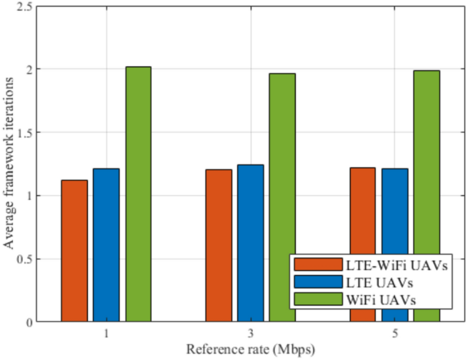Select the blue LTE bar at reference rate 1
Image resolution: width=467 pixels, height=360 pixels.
[x=106, y=245]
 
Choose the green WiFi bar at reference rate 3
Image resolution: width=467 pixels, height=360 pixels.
[x=282, y=198]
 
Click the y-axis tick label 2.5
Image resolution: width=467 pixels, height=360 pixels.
[x=24, y=6]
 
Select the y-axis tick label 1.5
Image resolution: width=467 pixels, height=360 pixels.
[x=24, y=132]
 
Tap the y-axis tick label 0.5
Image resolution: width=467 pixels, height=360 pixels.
[x=24, y=259]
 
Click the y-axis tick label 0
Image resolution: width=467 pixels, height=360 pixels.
[x=29, y=322]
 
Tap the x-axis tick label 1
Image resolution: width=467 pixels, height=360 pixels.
[x=106, y=334]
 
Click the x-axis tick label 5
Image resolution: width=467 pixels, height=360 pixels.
[x=395, y=334]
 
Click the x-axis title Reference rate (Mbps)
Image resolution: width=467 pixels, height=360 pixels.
[x=250, y=349]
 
